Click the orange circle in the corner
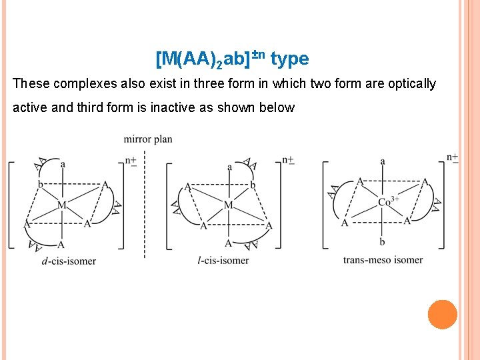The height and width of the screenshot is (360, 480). (x=443, y=314)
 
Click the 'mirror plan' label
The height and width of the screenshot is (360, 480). (x=148, y=139)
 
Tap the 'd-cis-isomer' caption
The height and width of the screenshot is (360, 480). (x=69, y=261)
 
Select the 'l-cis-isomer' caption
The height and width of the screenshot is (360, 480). (x=225, y=260)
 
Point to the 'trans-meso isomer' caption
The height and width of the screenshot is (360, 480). (x=383, y=259)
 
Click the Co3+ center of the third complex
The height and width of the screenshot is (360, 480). (x=388, y=201)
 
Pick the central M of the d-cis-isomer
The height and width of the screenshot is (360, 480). (x=61, y=205)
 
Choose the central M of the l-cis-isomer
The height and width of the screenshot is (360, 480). (x=229, y=205)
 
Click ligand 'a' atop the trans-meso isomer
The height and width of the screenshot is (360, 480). (x=383, y=161)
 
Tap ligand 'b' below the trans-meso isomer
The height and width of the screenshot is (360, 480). (x=383, y=241)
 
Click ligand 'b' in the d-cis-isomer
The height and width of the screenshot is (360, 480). (x=41, y=185)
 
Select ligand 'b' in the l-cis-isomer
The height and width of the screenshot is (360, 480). (x=253, y=185)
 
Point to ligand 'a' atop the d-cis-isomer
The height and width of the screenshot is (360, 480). (x=63, y=164)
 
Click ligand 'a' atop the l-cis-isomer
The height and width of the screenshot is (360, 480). (x=230, y=167)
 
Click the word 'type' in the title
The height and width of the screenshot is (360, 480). (x=290, y=59)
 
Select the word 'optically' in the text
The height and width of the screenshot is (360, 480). (x=411, y=84)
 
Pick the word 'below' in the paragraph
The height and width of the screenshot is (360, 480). (x=278, y=107)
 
